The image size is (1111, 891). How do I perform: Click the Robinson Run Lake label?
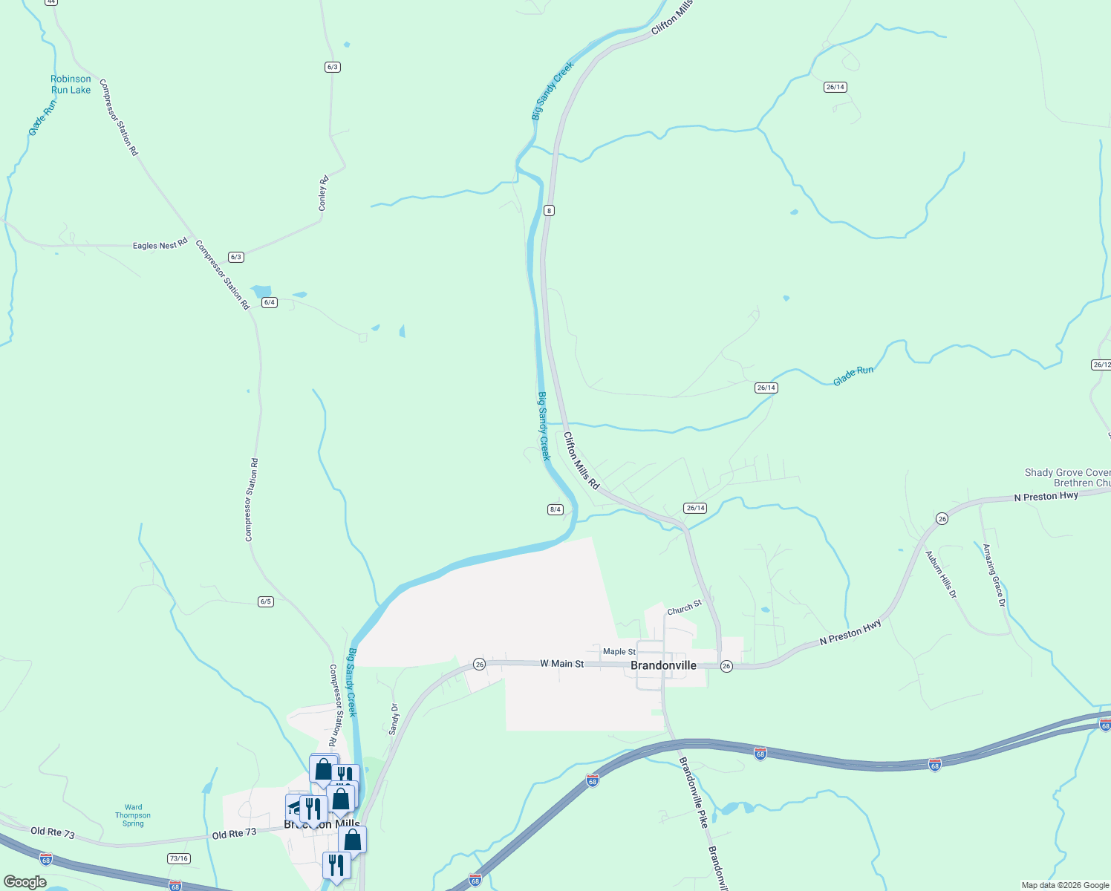pos(71,85)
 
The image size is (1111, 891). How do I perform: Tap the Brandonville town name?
pos(663,665)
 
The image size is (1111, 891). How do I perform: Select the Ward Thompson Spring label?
pos(133,815)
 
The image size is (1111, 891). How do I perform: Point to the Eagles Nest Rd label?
pos(160,245)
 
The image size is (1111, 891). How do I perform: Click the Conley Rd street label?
pos(323,193)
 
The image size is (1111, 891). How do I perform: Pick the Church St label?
pos(684,608)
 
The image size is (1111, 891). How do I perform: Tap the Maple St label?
pos(619,651)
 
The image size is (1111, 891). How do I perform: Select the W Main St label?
pos(561,664)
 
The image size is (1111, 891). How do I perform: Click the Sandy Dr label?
pos(394,719)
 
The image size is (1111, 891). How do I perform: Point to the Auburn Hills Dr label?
pos(941,575)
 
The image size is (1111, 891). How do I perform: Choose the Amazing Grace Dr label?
pos(994,575)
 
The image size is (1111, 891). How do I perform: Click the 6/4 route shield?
pos(270,302)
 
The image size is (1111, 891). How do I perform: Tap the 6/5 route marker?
pos(266,601)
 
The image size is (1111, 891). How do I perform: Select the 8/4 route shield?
pos(555,509)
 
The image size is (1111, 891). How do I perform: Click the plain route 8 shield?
pos(549,210)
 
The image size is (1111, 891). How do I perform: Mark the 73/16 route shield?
pos(178,858)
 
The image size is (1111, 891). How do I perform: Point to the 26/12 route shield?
pos(1101,365)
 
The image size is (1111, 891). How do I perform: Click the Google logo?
pos(25,882)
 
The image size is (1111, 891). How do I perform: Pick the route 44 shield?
pos(50,2)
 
